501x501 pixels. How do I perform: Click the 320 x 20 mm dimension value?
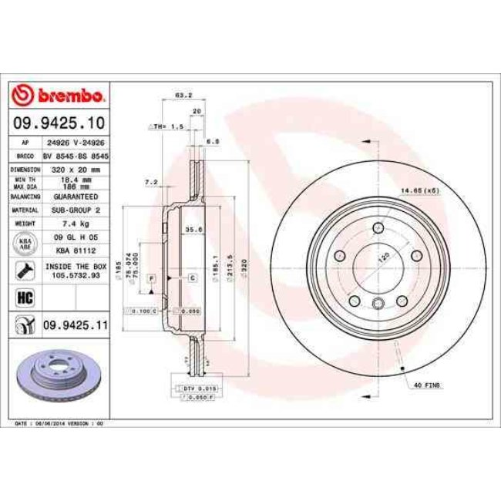click(x=75, y=167)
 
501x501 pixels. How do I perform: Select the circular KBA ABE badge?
click(x=23, y=243)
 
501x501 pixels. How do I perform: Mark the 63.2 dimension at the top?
click(x=183, y=96)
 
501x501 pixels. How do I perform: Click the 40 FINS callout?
click(x=426, y=384)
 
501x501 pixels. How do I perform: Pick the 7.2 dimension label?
click(x=151, y=181)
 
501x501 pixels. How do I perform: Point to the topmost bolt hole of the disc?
click(x=378, y=228)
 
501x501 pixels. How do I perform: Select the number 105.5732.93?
click(x=75, y=276)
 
